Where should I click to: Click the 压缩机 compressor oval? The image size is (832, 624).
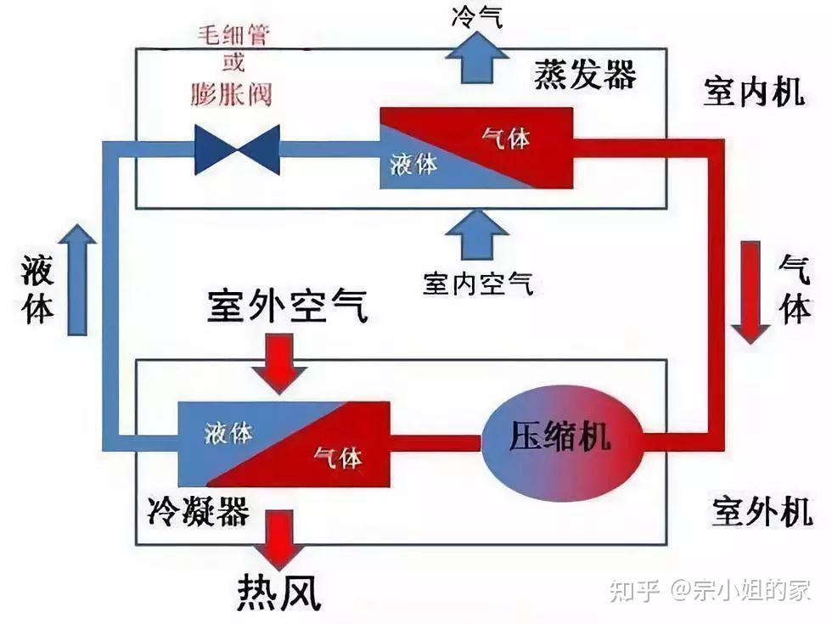563,443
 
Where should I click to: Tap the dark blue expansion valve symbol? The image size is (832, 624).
237,150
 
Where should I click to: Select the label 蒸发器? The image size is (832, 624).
585,75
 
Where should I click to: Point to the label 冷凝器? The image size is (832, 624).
199,511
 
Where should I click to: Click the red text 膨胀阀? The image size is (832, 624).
231,94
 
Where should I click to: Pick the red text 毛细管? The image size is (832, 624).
234,36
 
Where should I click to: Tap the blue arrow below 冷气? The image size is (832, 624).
476,58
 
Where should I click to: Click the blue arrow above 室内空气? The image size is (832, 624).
477,234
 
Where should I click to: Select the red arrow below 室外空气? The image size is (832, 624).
279,363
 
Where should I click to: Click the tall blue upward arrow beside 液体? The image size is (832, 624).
77,279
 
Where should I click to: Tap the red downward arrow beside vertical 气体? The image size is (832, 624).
750,292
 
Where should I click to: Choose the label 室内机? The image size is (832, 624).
754,92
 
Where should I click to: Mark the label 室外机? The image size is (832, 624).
762,511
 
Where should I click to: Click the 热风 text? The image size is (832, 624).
279,593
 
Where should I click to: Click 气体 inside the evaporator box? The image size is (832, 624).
506,138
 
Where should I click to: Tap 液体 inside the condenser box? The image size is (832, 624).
228,433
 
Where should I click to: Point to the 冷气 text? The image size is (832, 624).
477,16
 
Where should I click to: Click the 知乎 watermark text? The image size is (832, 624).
634,591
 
